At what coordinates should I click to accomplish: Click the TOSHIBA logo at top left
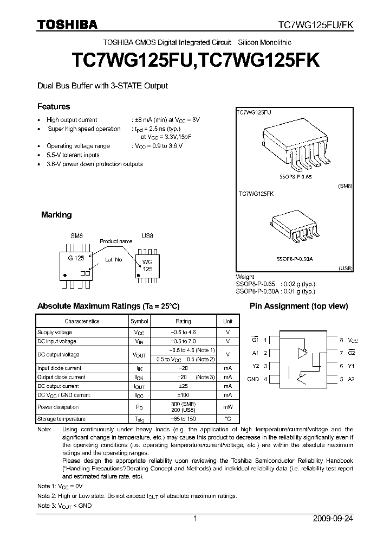[x=67, y=24]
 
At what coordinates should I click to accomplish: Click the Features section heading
[x=53, y=107]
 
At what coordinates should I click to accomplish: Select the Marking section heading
[x=56, y=215]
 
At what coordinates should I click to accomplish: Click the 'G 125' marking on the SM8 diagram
[x=76, y=259]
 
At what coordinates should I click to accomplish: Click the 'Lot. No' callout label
[x=114, y=260]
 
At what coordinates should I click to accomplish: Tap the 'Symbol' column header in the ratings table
[x=139, y=321]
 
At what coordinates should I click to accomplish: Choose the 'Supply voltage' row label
[x=54, y=332]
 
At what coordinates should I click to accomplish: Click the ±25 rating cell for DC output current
[x=183, y=386]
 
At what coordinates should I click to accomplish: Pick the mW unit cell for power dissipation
[x=228, y=407]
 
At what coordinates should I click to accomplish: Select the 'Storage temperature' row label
[x=61, y=419]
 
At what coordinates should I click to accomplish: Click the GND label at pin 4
[x=253, y=379]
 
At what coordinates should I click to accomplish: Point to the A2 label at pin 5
[x=350, y=379]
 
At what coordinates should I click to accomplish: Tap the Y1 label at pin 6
[x=350, y=366]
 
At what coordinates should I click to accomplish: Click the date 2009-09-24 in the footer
[x=333, y=519]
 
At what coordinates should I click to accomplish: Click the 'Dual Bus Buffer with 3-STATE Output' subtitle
[x=102, y=86]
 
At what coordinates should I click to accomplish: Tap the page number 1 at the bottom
[x=195, y=519]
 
